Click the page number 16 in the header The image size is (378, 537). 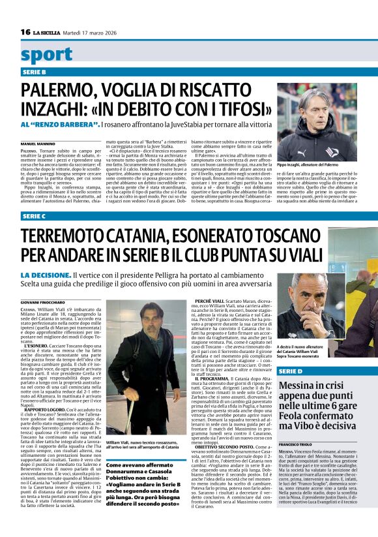pos(25,32)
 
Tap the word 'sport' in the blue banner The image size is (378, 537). pos(46,54)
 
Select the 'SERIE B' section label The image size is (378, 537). pos(34,72)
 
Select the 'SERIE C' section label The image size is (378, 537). pos(34,216)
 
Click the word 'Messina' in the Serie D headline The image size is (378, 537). pos(300,386)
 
